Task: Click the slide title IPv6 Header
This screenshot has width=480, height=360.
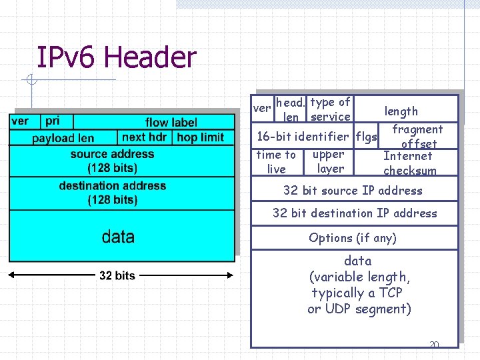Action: pyautogui.click(x=116, y=57)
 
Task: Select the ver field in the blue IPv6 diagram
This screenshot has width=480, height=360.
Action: pyautogui.click(x=20, y=121)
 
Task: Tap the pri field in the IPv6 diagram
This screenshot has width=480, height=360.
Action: pyautogui.click(x=53, y=121)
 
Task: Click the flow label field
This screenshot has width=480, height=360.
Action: pyautogui.click(x=171, y=122)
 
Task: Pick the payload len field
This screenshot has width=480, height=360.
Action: pyautogui.click(x=63, y=138)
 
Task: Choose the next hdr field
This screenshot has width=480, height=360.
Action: pyautogui.click(x=145, y=137)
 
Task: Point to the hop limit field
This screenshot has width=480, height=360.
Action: pyautogui.click(x=201, y=137)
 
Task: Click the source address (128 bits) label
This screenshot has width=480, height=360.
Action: pyautogui.click(x=112, y=161)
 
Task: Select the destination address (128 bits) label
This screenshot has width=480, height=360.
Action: pyautogui.click(x=112, y=193)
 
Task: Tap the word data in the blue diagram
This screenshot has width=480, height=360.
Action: pyautogui.click(x=118, y=237)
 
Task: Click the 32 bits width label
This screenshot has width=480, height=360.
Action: pyautogui.click(x=117, y=275)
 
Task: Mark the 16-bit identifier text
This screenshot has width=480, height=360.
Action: pyautogui.click(x=303, y=137)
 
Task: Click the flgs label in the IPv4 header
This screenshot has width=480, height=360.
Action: pyautogui.click(x=367, y=137)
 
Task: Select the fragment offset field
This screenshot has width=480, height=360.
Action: pyautogui.click(x=418, y=137)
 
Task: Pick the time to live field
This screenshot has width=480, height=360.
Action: pyautogui.click(x=276, y=162)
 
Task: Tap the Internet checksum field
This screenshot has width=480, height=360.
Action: pyautogui.click(x=409, y=163)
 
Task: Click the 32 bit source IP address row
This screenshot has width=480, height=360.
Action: pyautogui.click(x=353, y=191)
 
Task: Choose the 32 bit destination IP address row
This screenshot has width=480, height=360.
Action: pyautogui.click(x=355, y=213)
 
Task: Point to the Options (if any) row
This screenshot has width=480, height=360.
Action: pyautogui.click(x=353, y=238)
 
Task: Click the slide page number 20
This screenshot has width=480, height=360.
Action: pyautogui.click(x=434, y=345)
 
